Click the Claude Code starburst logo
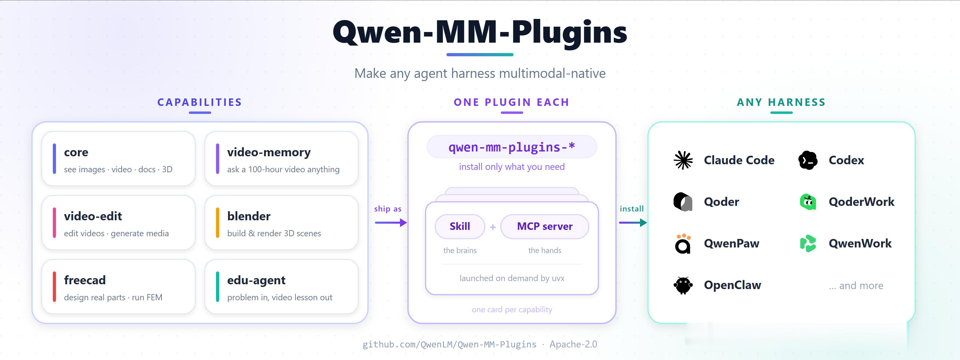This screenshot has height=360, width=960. point(683,160)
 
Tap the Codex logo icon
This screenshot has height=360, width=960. point(808,160)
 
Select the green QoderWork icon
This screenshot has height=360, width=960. point(808,202)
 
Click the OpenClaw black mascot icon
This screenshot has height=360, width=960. point(683,285)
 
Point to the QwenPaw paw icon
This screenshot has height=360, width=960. point(683,244)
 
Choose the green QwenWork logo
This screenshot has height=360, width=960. point(808,244)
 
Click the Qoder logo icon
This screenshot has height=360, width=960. point(683,202)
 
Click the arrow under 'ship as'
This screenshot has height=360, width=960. point(391,223)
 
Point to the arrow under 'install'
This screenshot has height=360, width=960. point(633,223)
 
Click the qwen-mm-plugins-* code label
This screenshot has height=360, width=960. point(512,147)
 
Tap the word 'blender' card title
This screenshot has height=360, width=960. point(249,216)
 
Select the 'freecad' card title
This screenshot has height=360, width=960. point(85,280)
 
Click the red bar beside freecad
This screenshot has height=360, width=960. point(54,287)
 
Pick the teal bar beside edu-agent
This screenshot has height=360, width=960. point(218,287)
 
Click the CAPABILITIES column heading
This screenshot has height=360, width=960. point(200,102)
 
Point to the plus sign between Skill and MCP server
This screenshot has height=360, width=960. point(493,227)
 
